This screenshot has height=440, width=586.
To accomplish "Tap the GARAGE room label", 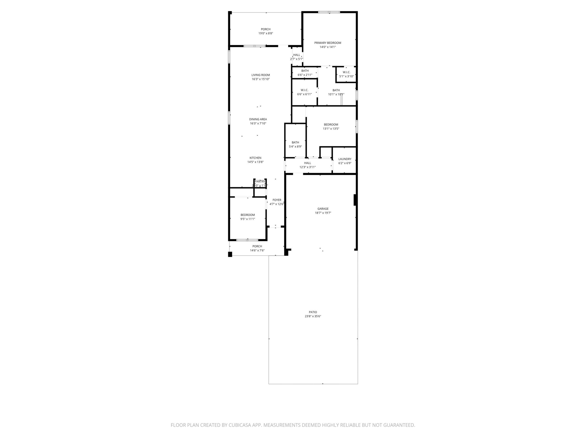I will point(323,209).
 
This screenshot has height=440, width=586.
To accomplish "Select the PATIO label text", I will point(313,312).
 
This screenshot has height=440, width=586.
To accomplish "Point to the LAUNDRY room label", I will point(345,159).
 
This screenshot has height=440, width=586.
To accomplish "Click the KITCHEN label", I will point(255,158).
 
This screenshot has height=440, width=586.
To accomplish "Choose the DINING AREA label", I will point(258,119).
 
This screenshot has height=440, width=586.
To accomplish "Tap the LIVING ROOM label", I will point(260,75).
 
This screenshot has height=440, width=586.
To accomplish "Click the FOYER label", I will point(277,200).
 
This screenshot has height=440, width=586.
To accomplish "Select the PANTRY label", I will point(260,181).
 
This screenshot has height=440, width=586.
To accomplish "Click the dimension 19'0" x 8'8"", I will point(266,33).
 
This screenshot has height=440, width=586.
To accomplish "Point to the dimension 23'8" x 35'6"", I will point(313,316).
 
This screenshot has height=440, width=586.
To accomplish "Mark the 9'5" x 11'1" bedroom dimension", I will point(248,219).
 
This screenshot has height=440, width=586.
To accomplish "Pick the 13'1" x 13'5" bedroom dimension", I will point(331,129).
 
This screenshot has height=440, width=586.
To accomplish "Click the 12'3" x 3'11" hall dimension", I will point(308,167).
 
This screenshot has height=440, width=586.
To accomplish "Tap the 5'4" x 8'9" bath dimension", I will point(295,147).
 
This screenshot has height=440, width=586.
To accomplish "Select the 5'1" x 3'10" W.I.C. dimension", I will point(347,76).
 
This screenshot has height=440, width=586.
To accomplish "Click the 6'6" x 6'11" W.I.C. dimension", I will point(304,94).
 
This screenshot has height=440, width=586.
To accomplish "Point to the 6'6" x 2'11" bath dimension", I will point(305,75).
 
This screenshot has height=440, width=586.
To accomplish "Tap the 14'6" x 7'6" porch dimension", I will point(257,250).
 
